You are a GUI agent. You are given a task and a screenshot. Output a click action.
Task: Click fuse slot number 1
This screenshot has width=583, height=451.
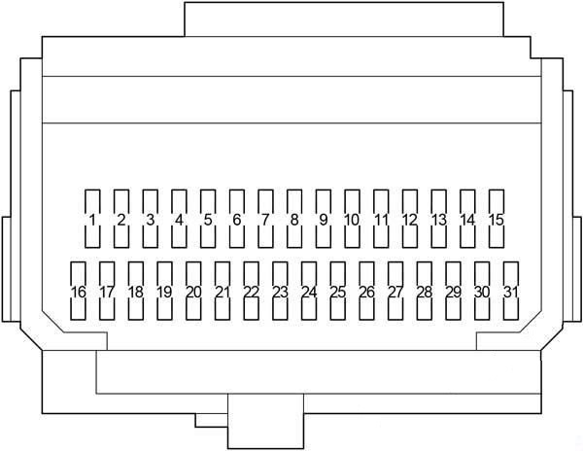click(92, 219)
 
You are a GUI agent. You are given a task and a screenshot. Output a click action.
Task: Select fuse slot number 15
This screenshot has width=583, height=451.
click(497, 219)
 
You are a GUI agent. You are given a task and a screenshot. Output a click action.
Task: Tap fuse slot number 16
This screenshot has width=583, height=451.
click(78, 291)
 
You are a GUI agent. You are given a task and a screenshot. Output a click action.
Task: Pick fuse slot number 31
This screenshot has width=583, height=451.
click(511, 291)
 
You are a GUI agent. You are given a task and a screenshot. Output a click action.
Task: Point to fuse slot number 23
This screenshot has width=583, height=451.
click(280, 291)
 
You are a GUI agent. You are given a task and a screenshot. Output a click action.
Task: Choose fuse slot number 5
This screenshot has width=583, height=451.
click(208, 219)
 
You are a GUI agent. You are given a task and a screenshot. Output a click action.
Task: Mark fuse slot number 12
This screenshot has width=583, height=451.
click(410, 219)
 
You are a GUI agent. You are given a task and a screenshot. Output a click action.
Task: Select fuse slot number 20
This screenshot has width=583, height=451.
click(193, 291)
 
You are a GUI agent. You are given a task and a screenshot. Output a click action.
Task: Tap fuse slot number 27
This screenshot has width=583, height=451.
click(395, 291)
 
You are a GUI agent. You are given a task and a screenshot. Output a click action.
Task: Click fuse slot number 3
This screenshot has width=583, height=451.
click(150, 219)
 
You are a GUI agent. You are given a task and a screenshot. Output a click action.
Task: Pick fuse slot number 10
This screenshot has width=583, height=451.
click(352, 219)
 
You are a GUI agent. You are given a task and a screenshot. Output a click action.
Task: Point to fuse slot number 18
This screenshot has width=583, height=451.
click(136, 291)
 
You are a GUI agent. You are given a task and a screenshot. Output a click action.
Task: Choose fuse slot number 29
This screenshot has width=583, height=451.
click(453, 291)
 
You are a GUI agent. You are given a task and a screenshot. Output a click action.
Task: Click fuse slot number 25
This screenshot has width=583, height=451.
click(337, 291)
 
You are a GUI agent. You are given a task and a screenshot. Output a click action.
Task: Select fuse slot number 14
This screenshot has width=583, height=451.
click(467, 219)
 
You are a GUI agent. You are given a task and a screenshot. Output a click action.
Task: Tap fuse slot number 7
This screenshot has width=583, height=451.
click(265, 219)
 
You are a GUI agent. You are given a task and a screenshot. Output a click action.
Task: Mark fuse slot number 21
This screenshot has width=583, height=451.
click(223, 291)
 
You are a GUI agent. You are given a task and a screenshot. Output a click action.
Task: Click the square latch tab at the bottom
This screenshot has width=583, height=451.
click(265, 421)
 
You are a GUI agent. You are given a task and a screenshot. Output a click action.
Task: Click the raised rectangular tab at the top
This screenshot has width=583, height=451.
click(344, 19)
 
